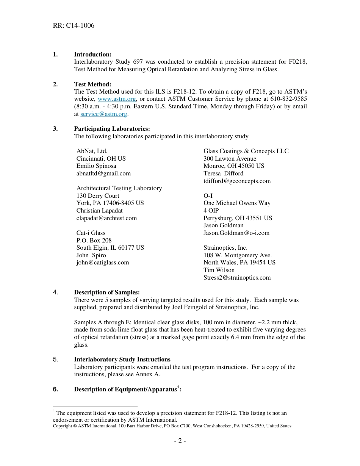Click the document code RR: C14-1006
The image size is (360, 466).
[74, 26]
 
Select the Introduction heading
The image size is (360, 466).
[92, 55]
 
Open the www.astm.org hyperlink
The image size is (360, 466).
[117, 99]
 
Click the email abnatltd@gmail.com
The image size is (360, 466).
[103, 174]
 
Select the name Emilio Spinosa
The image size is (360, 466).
[96, 166]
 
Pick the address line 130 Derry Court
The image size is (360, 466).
[98, 196]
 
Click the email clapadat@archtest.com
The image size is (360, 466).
[106, 218]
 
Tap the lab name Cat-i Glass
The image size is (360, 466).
[91, 233]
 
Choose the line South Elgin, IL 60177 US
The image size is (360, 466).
[110, 248]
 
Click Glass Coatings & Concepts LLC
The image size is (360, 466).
[246, 151]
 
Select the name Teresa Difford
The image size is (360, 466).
[224, 174]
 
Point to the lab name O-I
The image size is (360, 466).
[208, 196]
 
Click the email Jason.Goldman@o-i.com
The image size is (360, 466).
[236, 233]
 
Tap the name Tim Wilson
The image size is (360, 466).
[219, 270]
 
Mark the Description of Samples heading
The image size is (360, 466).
[107, 292]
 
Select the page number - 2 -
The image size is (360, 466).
[180, 441]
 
